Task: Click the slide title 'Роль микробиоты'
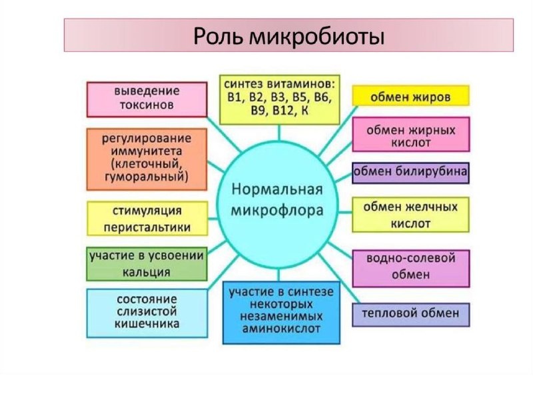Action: [x=288, y=35]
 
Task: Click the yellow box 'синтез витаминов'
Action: [x=280, y=99]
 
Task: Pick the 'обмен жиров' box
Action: [x=410, y=97]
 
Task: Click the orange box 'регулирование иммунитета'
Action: [x=147, y=158]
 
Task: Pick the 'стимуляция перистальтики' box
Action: [x=147, y=219]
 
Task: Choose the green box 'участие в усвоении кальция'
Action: [x=147, y=263]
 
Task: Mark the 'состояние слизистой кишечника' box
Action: [x=147, y=313]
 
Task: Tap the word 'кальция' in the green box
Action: [x=147, y=272]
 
